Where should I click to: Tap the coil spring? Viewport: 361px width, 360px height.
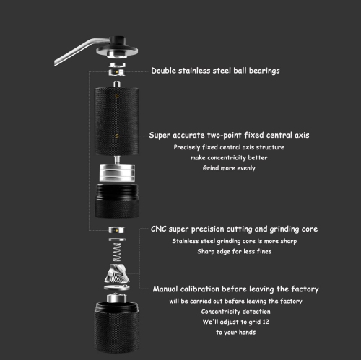click(x=117, y=252)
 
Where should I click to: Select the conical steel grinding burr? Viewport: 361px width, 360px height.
click(x=117, y=273)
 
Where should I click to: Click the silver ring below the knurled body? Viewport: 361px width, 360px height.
click(x=117, y=173)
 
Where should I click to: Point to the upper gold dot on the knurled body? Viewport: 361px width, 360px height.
click(x=117, y=96)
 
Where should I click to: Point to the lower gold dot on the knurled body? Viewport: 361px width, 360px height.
click(x=117, y=136)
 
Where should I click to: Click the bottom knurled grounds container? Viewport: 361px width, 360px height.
click(x=117, y=327)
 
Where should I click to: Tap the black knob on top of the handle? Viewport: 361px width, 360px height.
click(x=118, y=40)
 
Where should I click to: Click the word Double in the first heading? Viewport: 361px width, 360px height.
click(x=164, y=71)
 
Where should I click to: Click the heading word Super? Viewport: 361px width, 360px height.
click(x=160, y=136)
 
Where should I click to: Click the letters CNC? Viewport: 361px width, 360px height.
click(x=159, y=229)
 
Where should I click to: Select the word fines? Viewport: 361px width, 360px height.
click(x=264, y=251)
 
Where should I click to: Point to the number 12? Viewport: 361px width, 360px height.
click(x=266, y=322)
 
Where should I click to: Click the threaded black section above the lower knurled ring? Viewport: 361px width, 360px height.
click(x=117, y=192)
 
